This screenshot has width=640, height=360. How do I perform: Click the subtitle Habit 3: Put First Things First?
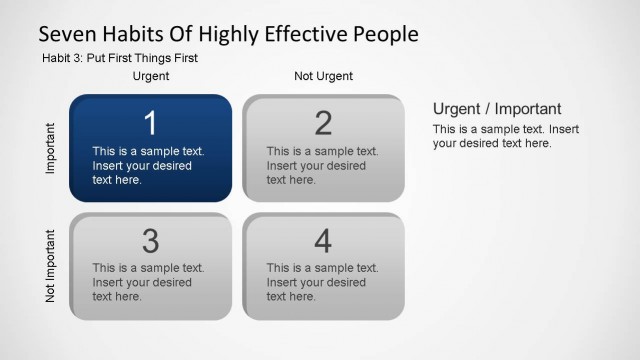pos(119,58)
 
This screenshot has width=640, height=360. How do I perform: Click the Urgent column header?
pos(151,76)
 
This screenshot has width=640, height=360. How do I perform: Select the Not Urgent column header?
pos(323,76)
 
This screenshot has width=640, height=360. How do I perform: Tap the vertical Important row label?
pos(51,149)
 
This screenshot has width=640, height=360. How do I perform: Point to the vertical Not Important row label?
pos(51,266)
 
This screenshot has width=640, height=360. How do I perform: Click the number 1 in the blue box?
pos(150,123)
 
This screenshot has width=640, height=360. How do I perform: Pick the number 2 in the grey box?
pos(323,123)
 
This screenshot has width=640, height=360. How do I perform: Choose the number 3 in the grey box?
pos(150,241)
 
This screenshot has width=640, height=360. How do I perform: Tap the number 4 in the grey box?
pos(323,241)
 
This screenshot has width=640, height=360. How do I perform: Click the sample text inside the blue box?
pos(148,166)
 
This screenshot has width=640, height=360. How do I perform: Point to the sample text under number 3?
pos(148,282)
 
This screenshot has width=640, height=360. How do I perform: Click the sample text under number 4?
pos(321,282)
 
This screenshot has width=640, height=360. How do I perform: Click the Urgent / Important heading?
pos(497,109)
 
